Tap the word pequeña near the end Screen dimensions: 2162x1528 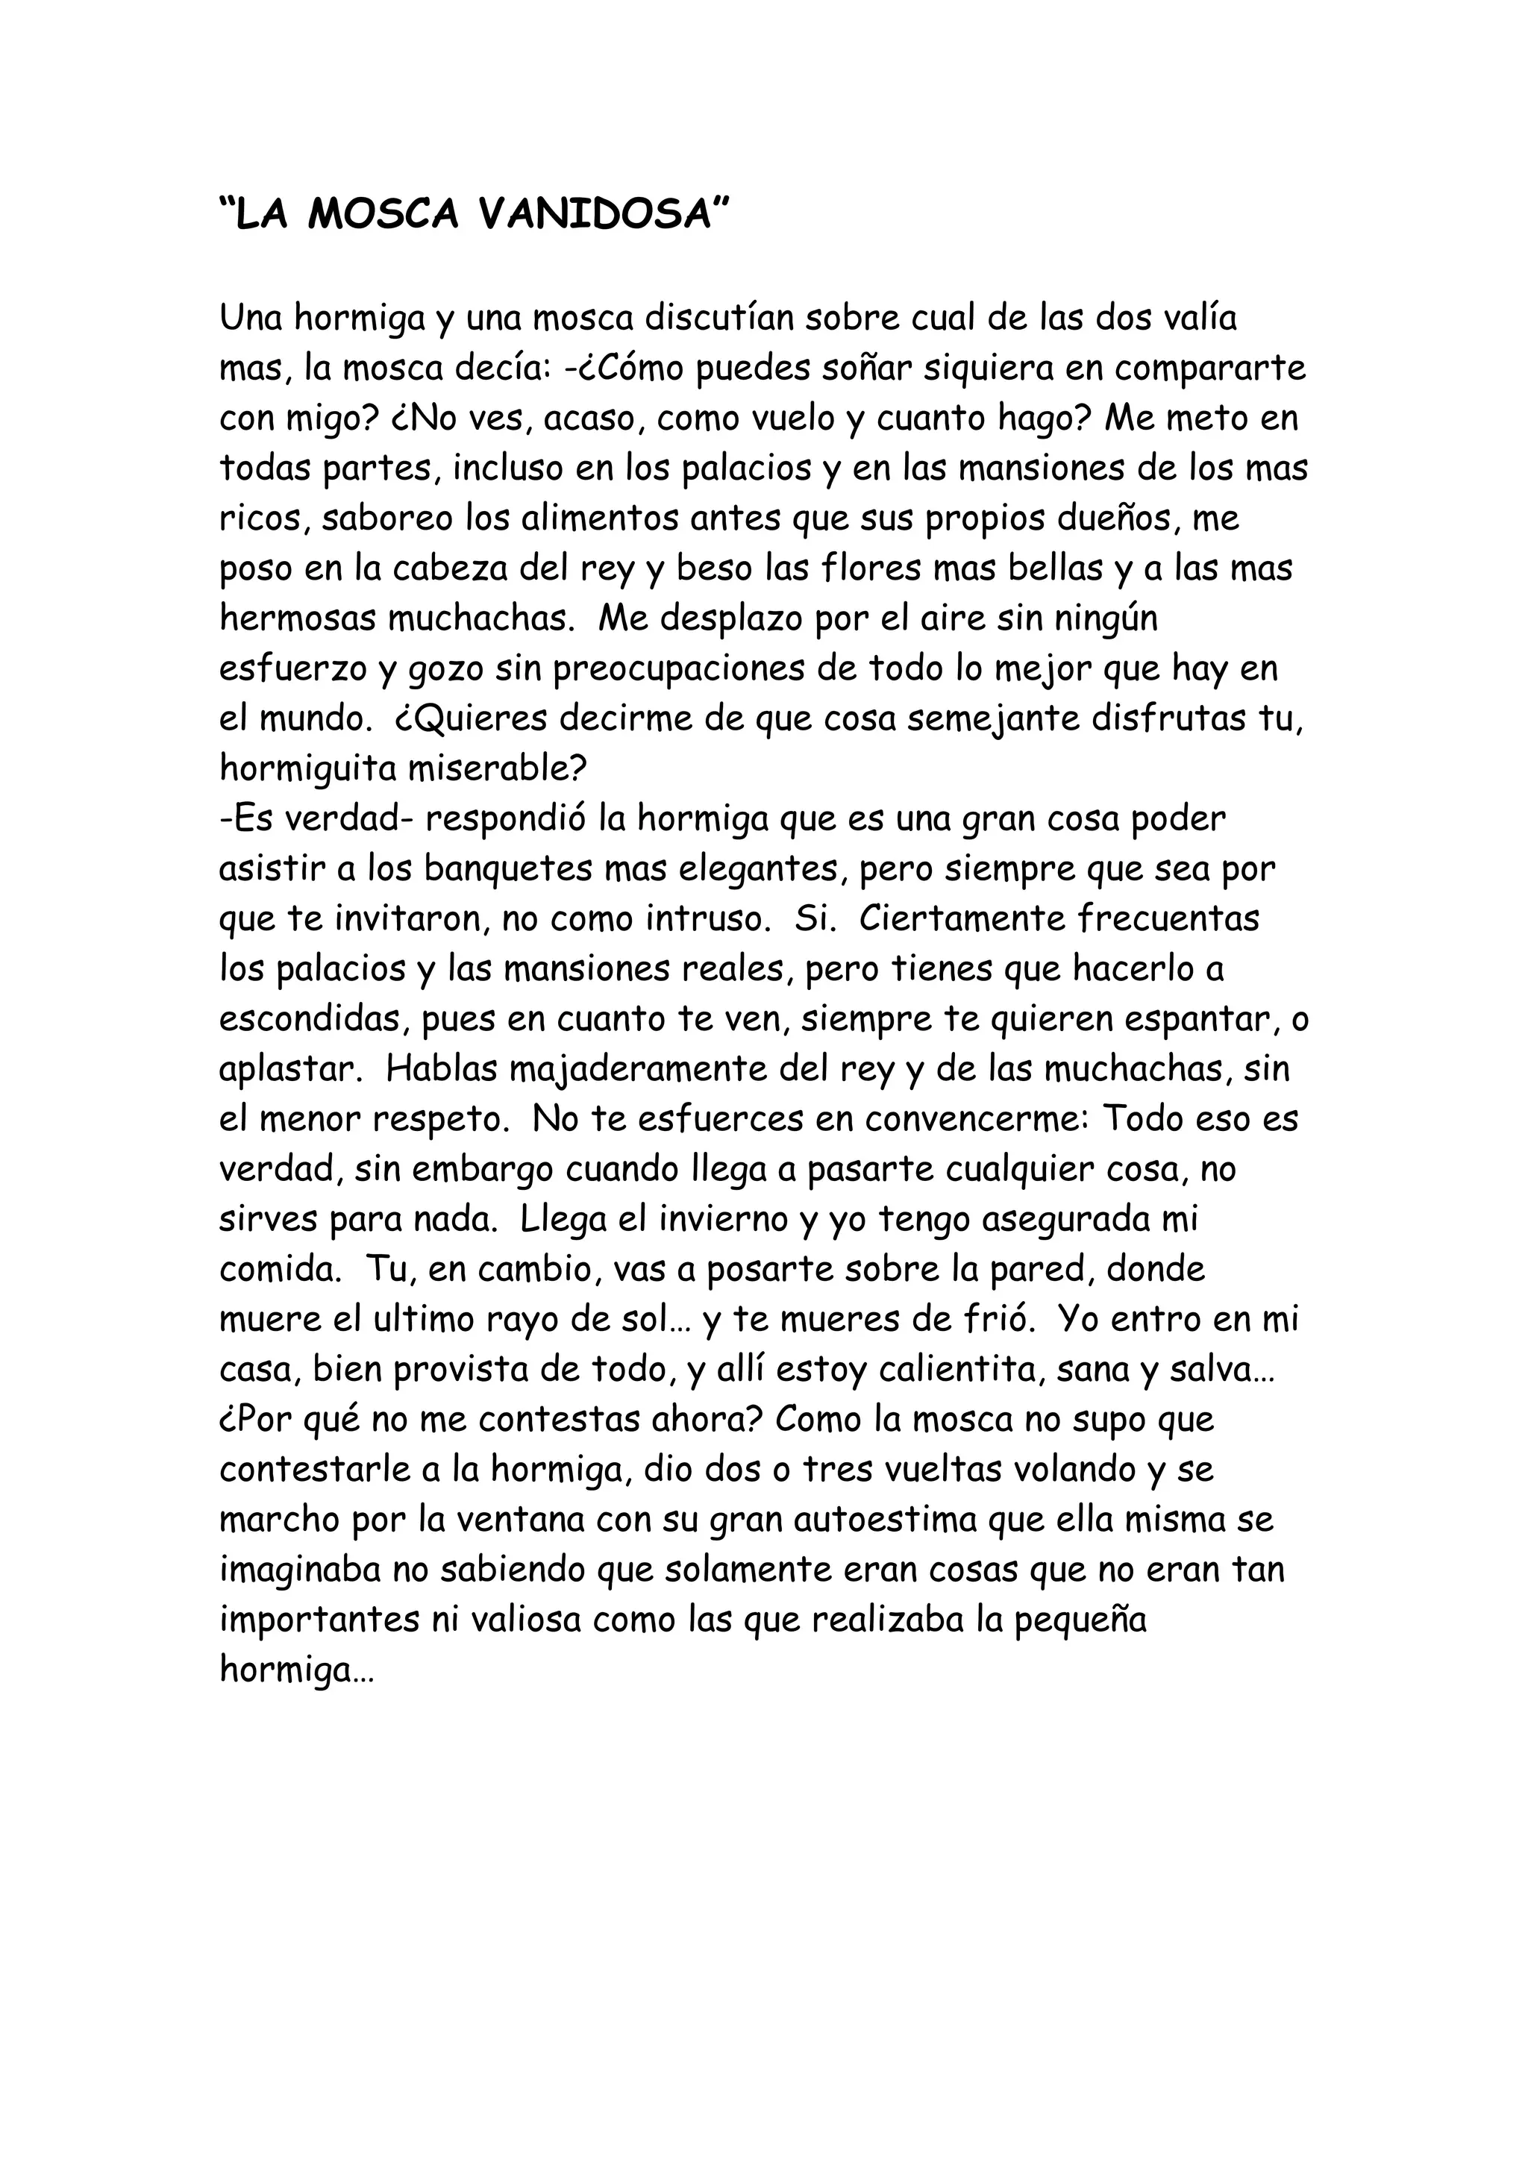pyautogui.click(x=1079, y=1620)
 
